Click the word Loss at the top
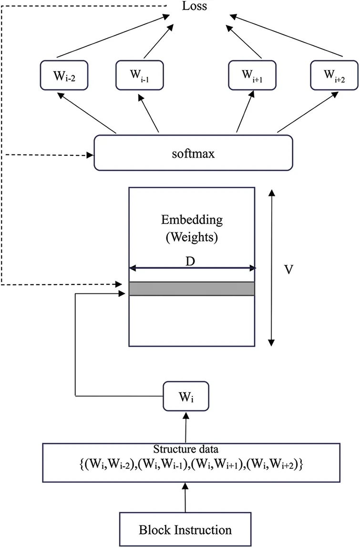[194, 6]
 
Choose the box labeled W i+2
[334, 75]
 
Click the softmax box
[193, 152]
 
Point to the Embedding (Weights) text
[192, 229]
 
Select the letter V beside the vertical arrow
[288, 269]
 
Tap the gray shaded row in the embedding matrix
[192, 289]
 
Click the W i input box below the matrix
[185, 396]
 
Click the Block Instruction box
[185, 529]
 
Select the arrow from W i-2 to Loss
[114, 37]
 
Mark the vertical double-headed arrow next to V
[271, 267]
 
